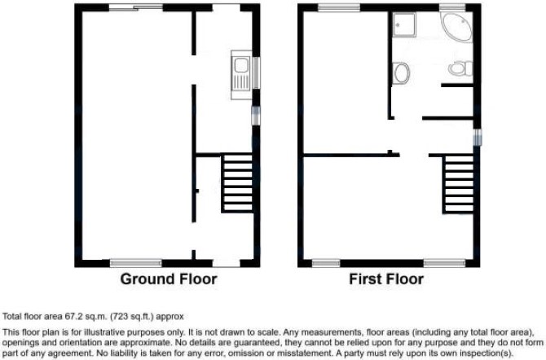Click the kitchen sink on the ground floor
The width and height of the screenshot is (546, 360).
(x=241, y=75)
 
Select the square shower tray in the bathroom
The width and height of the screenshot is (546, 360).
(x=404, y=24)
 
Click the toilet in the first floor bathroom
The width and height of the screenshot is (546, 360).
(x=460, y=68)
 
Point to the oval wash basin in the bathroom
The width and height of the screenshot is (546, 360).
(x=401, y=73)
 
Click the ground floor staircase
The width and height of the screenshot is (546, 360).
(x=237, y=183)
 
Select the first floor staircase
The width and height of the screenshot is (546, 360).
(x=458, y=185)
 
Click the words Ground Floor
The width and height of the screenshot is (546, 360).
(x=169, y=279)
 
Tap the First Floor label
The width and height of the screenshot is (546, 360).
(x=386, y=279)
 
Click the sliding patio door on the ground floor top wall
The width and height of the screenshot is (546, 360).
(x=136, y=7)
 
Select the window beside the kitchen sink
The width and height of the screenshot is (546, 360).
(x=256, y=72)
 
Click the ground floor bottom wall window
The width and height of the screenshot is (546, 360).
(x=136, y=263)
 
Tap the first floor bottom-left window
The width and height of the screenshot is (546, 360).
(x=326, y=263)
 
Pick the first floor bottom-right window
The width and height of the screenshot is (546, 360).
(x=444, y=263)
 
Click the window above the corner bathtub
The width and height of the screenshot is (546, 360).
(x=452, y=7)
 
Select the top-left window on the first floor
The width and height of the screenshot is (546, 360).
(x=339, y=7)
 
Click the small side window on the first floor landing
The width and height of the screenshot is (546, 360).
(x=478, y=137)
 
